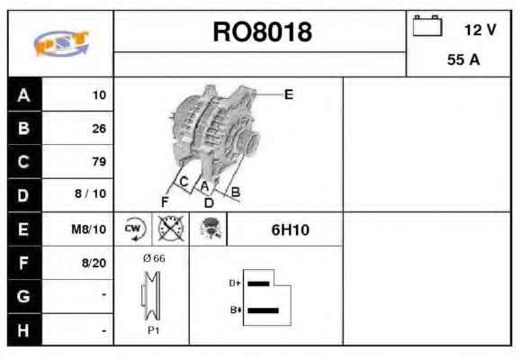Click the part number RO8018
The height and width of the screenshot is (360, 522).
coord(262,32)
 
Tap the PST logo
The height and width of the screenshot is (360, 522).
coord(61,42)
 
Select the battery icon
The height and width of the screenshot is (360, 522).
coord(427,25)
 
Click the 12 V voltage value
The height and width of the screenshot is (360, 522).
coord(480,30)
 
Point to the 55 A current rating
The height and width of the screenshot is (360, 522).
coord(463,60)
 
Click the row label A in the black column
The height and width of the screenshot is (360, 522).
coord(23,95)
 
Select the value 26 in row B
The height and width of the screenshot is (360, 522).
coord(99,129)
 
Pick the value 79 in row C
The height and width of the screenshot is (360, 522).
coord(99,161)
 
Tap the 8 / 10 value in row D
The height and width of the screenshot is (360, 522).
coord(90,193)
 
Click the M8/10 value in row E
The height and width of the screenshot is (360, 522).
coord(88,229)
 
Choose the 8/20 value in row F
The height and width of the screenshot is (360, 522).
coord(94,263)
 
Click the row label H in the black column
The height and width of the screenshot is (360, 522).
coord(23,330)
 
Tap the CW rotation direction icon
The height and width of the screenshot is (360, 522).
coord(133,229)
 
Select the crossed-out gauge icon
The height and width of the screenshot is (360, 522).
coord(171,229)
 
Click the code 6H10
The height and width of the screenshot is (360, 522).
coord(290,229)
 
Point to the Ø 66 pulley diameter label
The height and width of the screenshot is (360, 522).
coord(154,258)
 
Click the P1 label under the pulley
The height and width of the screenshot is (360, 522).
coord(154,330)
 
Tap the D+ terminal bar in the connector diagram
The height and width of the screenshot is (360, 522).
coord(258,283)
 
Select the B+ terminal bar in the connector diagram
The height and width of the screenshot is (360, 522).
coord(263,310)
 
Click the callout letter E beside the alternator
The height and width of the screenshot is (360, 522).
coord(289,94)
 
